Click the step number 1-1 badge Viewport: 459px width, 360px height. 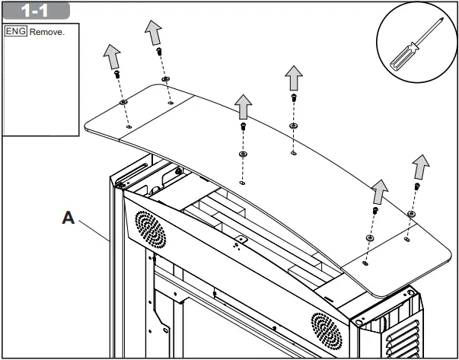click(36, 11)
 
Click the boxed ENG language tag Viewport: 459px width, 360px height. click(16, 31)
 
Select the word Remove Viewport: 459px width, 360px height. click(47, 32)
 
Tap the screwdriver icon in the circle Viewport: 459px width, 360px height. click(416, 44)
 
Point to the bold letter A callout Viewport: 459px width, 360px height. click(69, 218)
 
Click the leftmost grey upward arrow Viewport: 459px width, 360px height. click(112, 56)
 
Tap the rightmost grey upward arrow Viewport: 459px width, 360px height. click(421, 167)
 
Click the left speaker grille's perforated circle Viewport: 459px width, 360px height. click(151, 230)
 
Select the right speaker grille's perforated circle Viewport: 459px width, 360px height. click(327, 331)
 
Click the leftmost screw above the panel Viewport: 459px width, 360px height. click(117, 74)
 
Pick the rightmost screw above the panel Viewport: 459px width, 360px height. click(417, 186)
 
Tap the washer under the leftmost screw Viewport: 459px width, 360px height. click(123, 102)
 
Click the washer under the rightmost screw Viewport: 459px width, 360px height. click(412, 214)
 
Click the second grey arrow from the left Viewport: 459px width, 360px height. click(154, 33)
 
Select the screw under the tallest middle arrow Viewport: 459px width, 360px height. click(294, 97)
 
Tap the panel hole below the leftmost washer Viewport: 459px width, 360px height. click(129, 127)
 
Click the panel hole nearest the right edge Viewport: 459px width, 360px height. click(406, 240)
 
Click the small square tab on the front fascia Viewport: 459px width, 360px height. click(242, 240)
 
